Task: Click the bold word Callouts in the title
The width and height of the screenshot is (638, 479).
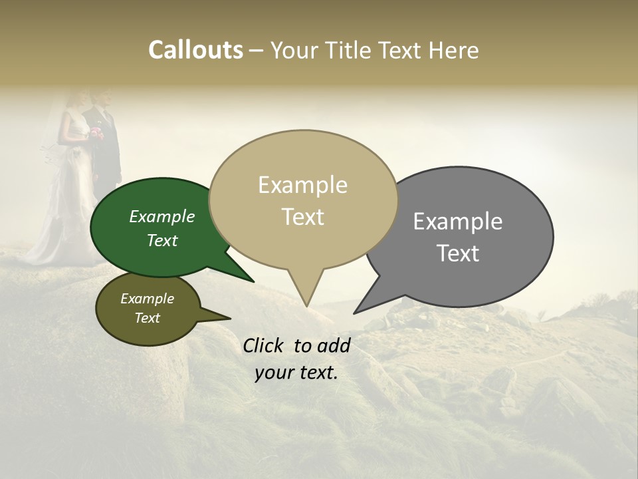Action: pyautogui.click(x=195, y=50)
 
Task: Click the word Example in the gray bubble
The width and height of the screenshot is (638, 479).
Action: pyautogui.click(x=457, y=222)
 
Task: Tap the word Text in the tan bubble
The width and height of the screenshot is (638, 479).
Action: pyautogui.click(x=303, y=217)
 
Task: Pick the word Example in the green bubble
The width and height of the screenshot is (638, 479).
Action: pyautogui.click(x=162, y=217)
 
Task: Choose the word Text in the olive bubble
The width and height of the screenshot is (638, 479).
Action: pyautogui.click(x=148, y=318)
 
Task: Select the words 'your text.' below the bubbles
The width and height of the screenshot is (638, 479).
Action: pyautogui.click(x=296, y=373)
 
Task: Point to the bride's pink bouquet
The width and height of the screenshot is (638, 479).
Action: pyautogui.click(x=96, y=132)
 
